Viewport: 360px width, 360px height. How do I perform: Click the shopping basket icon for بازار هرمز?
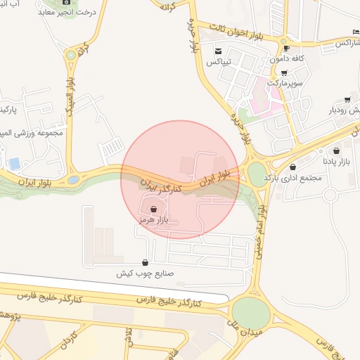coord(153,209)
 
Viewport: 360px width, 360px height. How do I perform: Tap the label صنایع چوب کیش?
coord(145,274)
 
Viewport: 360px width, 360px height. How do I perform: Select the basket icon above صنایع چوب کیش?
coord(145,263)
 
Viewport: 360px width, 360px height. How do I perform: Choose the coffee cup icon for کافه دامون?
coord(285,48)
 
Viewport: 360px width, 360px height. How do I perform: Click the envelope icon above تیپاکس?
coord(219,51)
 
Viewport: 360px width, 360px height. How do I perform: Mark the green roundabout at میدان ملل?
coord(251,312)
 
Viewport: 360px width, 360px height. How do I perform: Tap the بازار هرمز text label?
coord(153,220)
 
